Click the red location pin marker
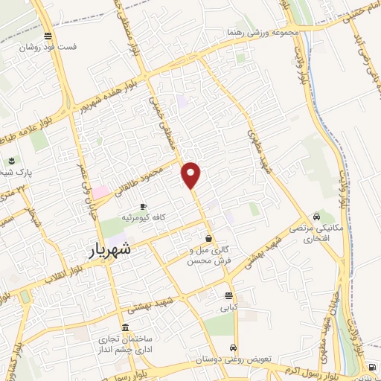coord(192,175)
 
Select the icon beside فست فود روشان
coord(48,35)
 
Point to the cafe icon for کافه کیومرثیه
coord(143,205)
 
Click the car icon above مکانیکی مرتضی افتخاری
coord(318,217)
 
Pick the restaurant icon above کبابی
coord(226,295)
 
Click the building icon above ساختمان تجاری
coord(124,328)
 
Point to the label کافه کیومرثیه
coord(159,217)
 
